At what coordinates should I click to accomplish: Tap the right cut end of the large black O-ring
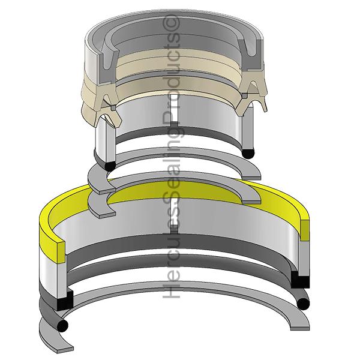click(x=303, y=304)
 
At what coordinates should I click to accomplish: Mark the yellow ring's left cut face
click(x=61, y=252)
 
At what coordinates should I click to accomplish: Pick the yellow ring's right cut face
click(x=305, y=230)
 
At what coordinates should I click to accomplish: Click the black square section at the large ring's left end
click(x=64, y=301)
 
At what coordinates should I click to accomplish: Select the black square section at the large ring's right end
click(x=301, y=280)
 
